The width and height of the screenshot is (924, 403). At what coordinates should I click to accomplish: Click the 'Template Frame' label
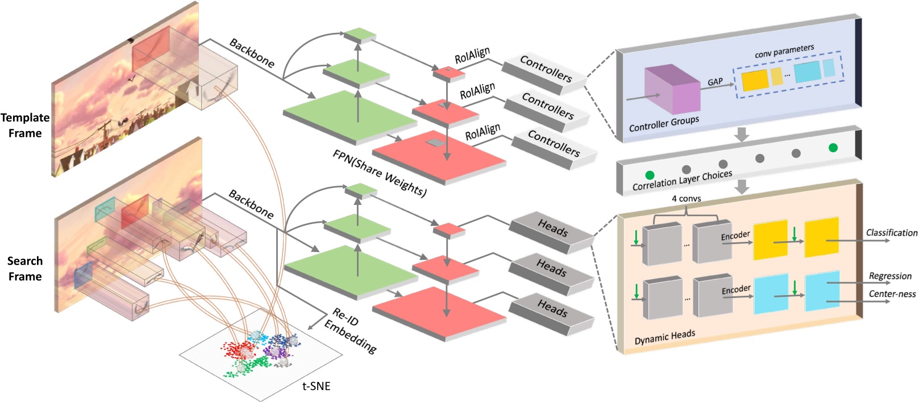[25, 125]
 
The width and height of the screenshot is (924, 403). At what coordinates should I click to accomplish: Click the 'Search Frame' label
[25, 268]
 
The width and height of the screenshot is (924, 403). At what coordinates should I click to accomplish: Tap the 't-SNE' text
[316, 387]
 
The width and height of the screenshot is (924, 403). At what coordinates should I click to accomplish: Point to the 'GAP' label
[715, 82]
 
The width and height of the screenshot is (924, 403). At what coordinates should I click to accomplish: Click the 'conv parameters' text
[784, 51]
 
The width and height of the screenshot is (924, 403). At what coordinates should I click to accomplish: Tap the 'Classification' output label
[891, 233]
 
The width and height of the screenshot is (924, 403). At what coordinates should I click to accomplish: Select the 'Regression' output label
[890, 276]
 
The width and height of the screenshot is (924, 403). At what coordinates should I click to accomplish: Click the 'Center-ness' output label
[892, 293]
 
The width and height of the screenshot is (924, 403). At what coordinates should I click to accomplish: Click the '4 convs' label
[686, 199]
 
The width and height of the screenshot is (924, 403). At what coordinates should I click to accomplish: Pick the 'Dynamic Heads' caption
[664, 337]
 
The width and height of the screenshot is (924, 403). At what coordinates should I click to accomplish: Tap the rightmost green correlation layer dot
[833, 148]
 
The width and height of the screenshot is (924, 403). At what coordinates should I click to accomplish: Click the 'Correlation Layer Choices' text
[682, 179]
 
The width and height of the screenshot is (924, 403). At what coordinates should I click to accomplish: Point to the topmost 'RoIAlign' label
[472, 56]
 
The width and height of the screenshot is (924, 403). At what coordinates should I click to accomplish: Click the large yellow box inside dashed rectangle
[755, 80]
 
